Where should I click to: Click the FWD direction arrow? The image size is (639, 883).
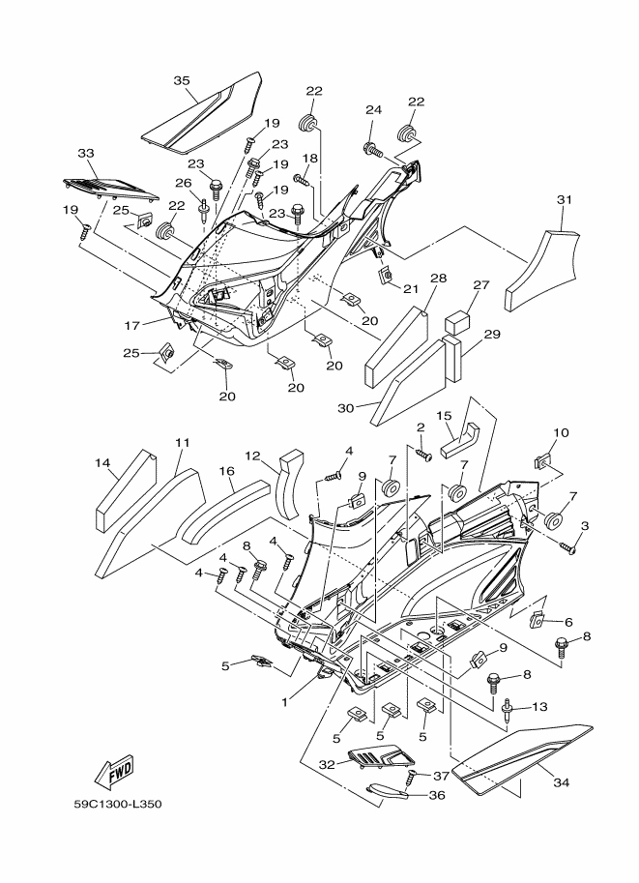tap(114, 772)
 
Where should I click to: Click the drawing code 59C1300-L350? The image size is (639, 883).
tap(118, 804)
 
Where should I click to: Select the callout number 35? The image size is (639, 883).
tap(182, 81)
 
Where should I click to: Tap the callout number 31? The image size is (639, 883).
tap(565, 199)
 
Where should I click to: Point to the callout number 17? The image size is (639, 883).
tap(131, 325)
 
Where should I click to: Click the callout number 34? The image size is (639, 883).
tap(562, 782)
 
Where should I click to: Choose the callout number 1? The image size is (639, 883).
tap(285, 702)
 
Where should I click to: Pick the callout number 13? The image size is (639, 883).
tap(539, 706)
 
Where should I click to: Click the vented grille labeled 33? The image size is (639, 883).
tap(109, 189)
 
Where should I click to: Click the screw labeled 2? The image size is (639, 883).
tap(423, 454)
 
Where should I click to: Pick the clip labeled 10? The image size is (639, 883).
tap(541, 463)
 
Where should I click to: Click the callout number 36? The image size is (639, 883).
tap(437, 795)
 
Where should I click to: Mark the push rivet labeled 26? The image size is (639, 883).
tap(203, 210)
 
